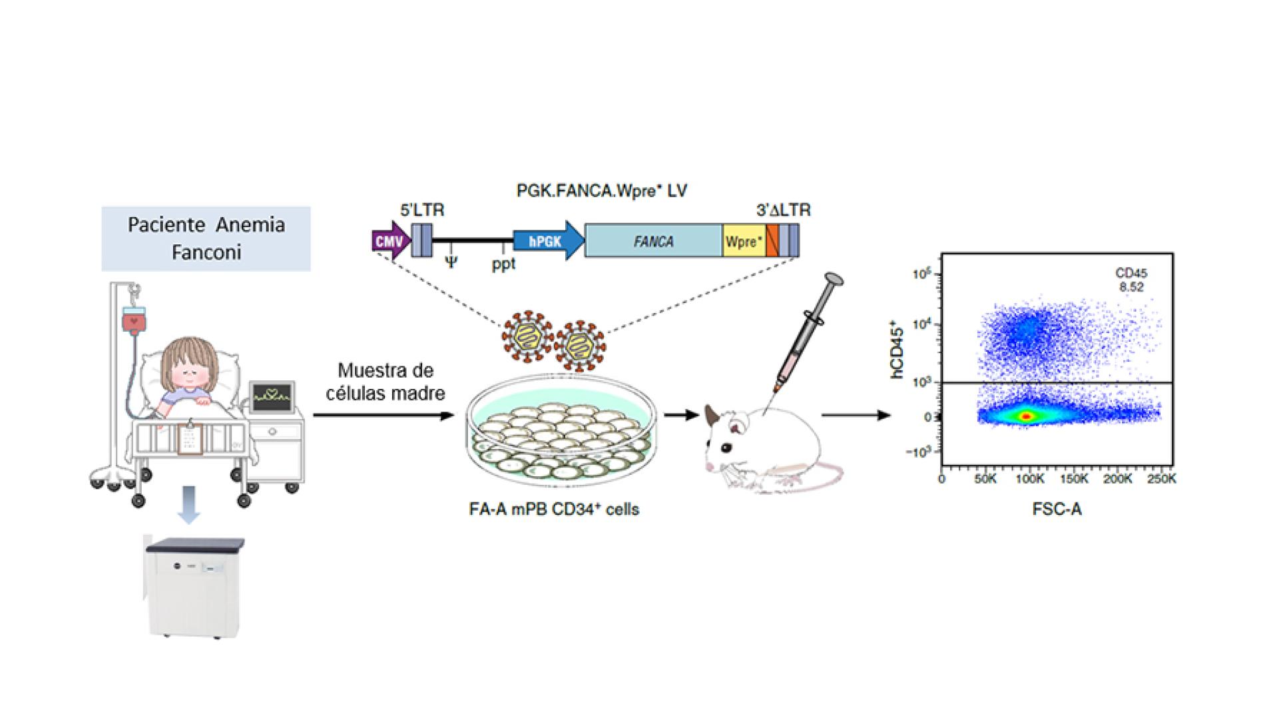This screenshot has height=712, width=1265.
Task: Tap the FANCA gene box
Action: coord(653,241)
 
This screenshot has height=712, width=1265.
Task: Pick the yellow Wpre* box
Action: coord(744,241)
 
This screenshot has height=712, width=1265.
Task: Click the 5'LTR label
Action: coord(422,210)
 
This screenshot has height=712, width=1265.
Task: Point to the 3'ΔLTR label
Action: coord(784,210)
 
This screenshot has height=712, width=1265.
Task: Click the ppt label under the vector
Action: coord(503,264)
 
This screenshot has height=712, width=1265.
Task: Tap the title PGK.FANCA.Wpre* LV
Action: coord(602,191)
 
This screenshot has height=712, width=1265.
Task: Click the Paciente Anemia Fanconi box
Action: coord(206,238)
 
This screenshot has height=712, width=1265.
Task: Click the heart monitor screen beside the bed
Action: coord(272,398)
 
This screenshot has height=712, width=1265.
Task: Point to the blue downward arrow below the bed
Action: coord(189,504)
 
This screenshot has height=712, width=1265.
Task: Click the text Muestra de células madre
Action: coord(385,382)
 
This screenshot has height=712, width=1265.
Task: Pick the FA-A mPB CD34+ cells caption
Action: coord(554,510)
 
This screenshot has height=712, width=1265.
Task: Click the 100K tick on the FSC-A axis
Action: coord(1029,480)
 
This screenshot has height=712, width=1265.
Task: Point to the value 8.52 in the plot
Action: coord(1131,288)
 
